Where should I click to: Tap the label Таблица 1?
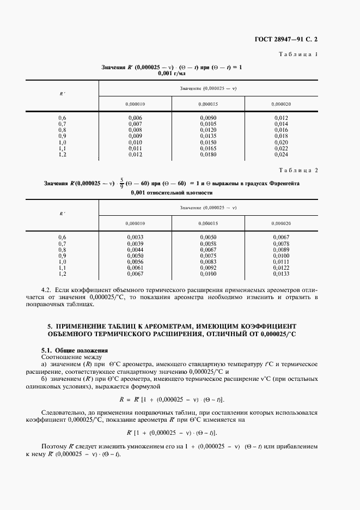pos(298,54)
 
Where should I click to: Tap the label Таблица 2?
pos(298,170)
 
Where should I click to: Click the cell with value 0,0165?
pos(208,148)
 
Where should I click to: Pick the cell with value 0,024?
pos(280,154)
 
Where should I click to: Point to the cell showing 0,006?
pos(135,118)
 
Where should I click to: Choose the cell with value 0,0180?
pos(208,154)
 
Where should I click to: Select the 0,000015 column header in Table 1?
pos(208,104)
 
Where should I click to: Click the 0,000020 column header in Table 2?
pos(280,223)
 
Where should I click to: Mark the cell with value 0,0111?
pos(280,262)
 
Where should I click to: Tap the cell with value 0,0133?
pos(280,274)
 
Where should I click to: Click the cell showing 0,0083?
pos(208,262)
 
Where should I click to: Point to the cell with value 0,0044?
pos(135,250)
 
